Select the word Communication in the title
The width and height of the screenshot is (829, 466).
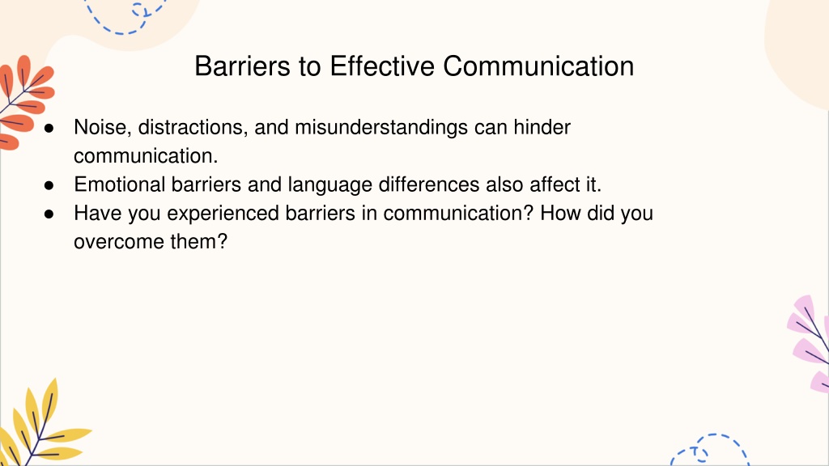tap(538, 66)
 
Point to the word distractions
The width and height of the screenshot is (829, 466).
tap(193, 127)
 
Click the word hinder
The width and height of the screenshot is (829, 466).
tap(542, 127)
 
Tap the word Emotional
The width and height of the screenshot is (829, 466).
tap(120, 184)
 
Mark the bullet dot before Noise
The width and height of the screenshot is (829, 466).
tap(49, 128)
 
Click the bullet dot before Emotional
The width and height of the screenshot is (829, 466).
tap(49, 185)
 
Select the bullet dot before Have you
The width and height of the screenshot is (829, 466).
tap(49, 214)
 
